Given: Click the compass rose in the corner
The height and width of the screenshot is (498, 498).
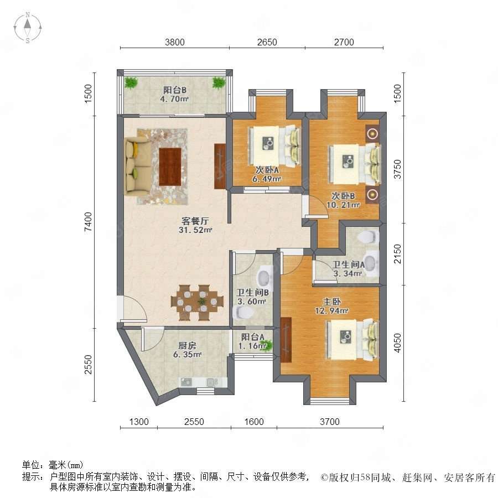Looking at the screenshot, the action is point(28,28).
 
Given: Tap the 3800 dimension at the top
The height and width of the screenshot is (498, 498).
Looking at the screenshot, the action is point(175,42).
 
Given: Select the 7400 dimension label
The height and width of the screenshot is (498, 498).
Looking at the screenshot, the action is point(89,222).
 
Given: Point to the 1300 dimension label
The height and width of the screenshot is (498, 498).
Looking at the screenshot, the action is point(139,422).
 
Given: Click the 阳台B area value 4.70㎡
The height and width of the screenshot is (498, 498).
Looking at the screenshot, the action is point(174,99).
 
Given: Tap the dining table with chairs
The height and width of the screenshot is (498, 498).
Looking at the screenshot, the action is point(197,302).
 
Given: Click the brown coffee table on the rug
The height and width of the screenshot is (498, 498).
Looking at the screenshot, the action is point(170,167).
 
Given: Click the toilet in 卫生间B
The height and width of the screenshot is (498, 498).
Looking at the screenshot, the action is point(243,312).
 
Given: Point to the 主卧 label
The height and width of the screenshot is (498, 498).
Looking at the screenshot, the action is point(332,301).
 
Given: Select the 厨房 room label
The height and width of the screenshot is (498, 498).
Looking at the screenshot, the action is point(187,345).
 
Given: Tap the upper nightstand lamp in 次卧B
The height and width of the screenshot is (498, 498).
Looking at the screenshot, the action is point(372,134).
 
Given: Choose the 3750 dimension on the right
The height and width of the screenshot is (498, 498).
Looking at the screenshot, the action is point(397,169).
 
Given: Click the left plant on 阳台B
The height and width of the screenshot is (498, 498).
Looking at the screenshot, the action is point(131,83).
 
